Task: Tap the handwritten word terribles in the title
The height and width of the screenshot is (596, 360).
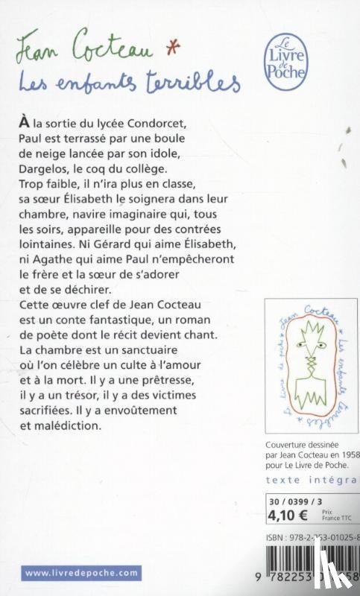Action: [x=198, y=80]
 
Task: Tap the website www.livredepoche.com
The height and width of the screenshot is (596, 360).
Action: [x=81, y=572]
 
